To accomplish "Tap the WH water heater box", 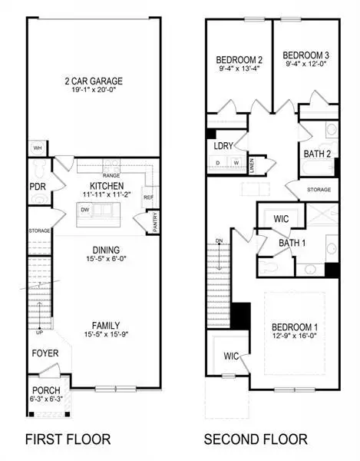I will [x=37, y=147].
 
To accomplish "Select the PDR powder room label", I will [x=36, y=186].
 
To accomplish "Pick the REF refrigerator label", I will [x=147, y=196].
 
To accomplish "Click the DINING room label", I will [x=101, y=250].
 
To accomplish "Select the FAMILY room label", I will [x=101, y=324].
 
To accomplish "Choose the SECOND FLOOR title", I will [x=256, y=439].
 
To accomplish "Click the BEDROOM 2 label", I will [x=239, y=59].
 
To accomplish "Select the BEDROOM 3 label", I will [x=306, y=55].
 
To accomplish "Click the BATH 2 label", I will [x=317, y=154].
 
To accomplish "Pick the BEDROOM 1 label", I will [x=294, y=327].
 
